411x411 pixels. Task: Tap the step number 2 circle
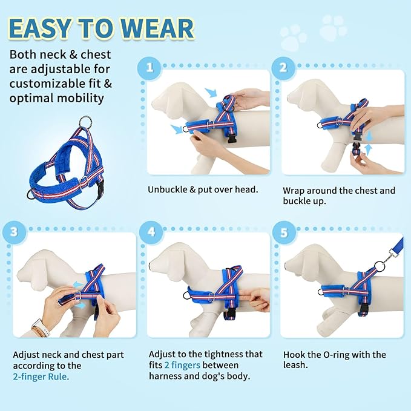[x=283, y=67]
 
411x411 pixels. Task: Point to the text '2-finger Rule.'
[x=41, y=376]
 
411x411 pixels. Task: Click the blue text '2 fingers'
[x=182, y=365]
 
